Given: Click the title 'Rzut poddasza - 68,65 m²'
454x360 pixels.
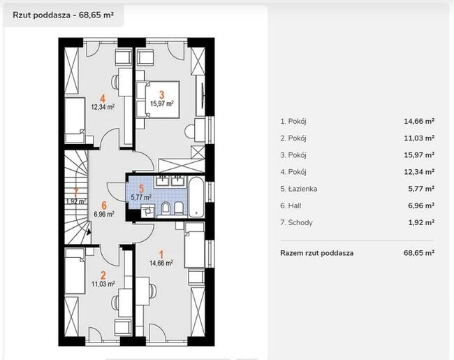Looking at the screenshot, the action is click(63, 15).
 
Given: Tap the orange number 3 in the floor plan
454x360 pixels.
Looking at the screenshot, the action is click(161, 94).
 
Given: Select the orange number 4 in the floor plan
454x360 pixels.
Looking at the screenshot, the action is click(103, 99).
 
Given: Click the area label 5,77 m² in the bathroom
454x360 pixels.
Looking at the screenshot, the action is click(141, 197).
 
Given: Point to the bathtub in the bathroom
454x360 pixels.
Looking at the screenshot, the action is click(196, 197).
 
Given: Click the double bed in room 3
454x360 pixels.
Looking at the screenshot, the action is click(162, 99).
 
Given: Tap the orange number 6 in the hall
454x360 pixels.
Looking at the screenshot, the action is click(104, 206).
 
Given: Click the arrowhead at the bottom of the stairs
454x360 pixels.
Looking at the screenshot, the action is click(88, 231).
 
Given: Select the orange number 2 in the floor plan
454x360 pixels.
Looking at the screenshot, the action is click(103, 275).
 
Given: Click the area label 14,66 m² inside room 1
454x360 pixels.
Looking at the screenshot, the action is click(161, 263).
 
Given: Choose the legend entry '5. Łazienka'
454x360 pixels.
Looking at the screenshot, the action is click(298, 189).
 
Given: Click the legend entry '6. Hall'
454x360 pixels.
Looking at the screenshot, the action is click(291, 206).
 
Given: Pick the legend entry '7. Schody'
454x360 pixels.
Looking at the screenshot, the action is click(296, 223).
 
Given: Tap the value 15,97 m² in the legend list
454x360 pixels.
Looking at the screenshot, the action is click(419, 155).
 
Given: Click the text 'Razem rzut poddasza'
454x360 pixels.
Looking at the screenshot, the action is click(317, 253).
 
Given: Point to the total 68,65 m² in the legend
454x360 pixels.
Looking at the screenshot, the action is click(419, 253).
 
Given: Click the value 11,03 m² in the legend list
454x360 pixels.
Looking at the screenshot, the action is click(419, 138).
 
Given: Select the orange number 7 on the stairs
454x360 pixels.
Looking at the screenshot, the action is click(76, 192).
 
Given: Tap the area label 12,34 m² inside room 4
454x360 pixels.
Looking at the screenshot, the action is click(103, 107).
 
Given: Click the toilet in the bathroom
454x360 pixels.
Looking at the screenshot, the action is click(166, 208).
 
